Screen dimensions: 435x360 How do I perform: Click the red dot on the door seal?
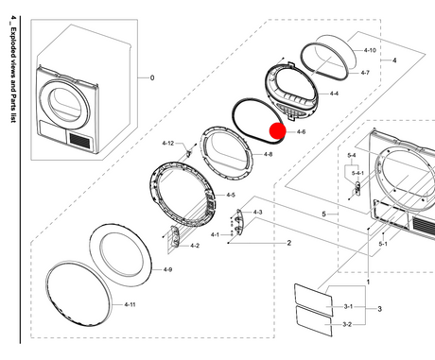coord(277,130)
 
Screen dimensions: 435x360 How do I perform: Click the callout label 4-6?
coord(301,131)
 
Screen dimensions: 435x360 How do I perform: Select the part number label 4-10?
coord(370,50)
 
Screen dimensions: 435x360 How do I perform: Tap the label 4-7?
coord(365,73)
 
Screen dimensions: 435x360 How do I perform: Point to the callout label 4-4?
coord(334,94)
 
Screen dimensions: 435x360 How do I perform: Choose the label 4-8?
coord(268,154)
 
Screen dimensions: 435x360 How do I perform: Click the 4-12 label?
coord(168,144)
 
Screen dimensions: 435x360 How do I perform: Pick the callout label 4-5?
coord(231,195)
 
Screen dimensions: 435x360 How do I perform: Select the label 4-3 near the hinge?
coord(257,213)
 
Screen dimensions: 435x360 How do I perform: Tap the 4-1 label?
coord(215,235)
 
